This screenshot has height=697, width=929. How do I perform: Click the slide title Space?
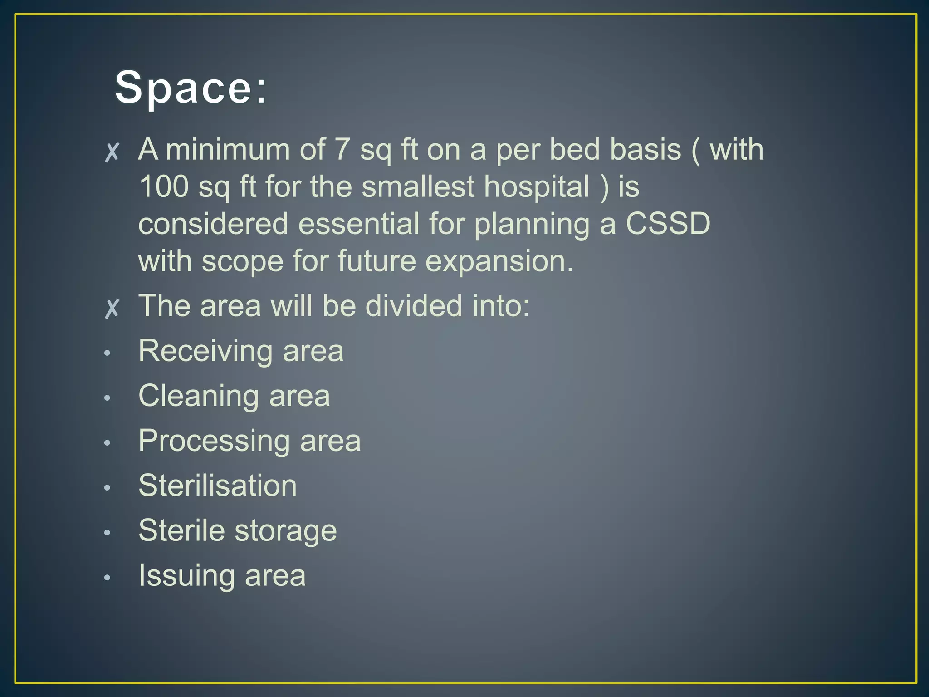point(191,88)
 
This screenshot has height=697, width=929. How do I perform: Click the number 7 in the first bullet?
point(342,149)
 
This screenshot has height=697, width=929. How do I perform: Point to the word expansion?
point(499,261)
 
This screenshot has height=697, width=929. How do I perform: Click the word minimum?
point(228,149)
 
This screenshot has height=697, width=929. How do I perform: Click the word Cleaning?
point(198,396)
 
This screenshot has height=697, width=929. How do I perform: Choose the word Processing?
point(214,441)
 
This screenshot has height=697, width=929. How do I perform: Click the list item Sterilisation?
point(218,486)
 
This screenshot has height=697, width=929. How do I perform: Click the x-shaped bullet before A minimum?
point(112,152)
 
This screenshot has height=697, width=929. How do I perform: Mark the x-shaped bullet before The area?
point(112,308)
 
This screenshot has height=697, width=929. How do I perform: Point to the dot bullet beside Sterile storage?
point(107,533)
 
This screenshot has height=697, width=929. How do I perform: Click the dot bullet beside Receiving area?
point(107,353)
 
